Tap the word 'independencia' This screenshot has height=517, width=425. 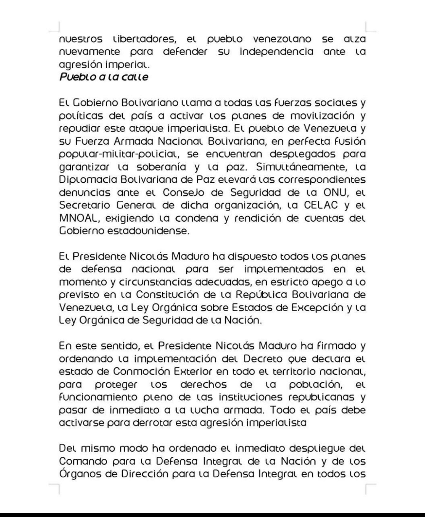(276, 52)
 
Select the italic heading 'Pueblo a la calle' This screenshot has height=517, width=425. (104, 77)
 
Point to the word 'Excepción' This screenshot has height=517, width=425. (317, 308)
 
